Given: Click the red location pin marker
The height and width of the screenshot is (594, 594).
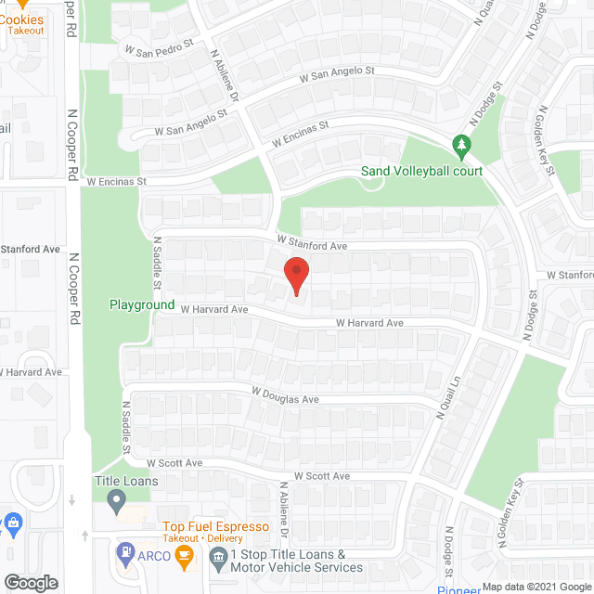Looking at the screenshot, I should coord(295,275).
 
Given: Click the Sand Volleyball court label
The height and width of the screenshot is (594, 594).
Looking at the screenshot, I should coord(422,172).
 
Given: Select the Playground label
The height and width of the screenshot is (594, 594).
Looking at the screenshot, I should coord(142,304).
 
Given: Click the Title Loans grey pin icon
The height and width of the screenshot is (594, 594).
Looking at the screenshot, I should coord(116,502).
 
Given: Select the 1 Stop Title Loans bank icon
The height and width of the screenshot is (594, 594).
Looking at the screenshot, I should coord(218,557).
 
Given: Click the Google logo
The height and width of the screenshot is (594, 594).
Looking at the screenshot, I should coord(30,583).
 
